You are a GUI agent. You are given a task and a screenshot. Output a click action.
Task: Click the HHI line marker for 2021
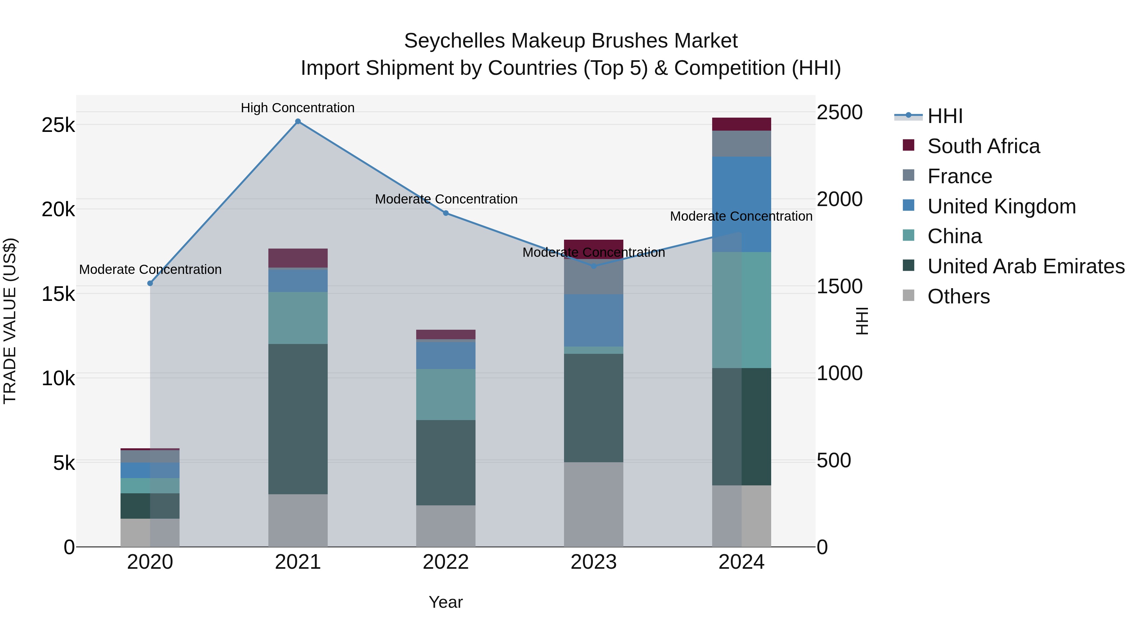298,121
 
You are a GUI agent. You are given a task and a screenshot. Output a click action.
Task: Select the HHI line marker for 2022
446,213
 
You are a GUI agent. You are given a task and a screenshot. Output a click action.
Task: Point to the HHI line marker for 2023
594,266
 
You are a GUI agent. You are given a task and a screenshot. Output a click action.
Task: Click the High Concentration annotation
298,108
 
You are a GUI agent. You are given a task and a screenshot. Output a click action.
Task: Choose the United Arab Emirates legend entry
1025,266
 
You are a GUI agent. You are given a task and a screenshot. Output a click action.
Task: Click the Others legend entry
958,296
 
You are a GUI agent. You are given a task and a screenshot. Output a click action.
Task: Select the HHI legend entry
944,116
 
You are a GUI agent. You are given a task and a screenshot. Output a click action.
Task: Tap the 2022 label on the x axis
446,562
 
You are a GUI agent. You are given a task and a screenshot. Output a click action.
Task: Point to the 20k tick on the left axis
58,209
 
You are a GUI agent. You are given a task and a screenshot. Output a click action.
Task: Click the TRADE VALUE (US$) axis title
10,321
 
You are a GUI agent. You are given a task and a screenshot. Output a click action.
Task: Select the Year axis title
446,602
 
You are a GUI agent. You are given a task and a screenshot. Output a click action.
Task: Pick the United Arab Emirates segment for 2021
298,419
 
